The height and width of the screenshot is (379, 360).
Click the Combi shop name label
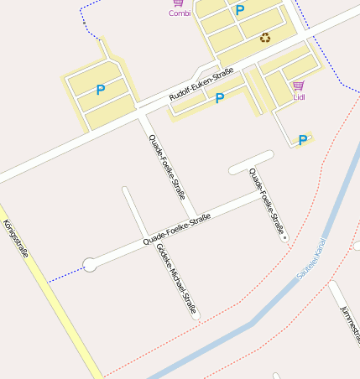180,13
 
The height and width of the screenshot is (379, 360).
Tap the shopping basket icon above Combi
179,3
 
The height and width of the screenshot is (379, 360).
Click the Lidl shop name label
299,97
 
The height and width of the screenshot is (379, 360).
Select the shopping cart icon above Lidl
298,86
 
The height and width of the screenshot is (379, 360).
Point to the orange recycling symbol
265,37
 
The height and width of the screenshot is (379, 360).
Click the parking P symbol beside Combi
240,11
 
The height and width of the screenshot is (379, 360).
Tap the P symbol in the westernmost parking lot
101,90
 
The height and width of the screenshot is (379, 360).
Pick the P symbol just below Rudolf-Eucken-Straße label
220,98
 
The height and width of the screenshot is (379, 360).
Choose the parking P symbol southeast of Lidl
302,140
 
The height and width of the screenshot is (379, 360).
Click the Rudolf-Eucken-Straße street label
201,86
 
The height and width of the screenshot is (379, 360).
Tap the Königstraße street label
14,238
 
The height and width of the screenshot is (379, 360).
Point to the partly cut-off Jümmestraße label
349,323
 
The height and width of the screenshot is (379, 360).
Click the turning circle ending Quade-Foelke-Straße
90,265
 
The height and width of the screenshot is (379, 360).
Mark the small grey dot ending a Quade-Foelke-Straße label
285,238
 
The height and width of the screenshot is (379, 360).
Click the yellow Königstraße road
50,293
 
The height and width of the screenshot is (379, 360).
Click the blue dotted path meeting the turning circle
65,273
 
